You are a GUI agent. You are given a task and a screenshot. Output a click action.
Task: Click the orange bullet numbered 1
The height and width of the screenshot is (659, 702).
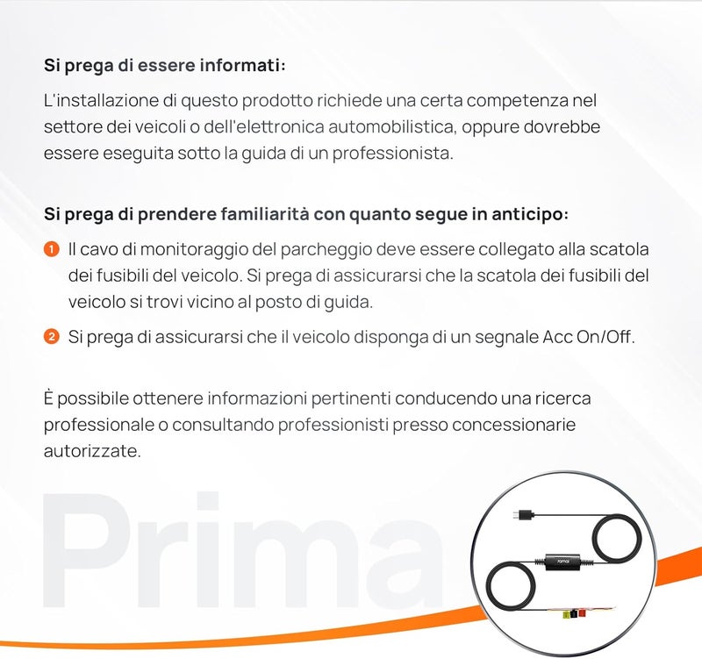click(x=52, y=249)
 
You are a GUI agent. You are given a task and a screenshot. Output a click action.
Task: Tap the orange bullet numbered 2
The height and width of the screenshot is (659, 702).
click(x=52, y=337)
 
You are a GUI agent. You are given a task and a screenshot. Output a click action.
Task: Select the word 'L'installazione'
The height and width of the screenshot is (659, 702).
click(x=101, y=100)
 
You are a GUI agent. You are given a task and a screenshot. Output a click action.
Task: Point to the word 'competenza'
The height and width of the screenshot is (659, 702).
click(x=518, y=101)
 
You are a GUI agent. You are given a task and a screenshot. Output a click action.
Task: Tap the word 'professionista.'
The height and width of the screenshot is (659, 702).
click(x=392, y=154)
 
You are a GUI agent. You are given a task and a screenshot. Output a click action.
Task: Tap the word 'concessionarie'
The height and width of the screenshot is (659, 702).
click(x=514, y=425)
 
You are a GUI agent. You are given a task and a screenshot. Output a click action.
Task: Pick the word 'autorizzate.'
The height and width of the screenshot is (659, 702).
click(x=92, y=451)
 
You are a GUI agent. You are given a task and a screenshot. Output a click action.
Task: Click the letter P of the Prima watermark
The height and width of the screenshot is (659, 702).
click(x=84, y=550)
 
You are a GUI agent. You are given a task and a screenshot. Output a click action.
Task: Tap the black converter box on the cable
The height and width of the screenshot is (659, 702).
click(x=562, y=561)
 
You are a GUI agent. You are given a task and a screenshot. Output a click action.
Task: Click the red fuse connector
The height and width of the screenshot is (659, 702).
click(x=582, y=612)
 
